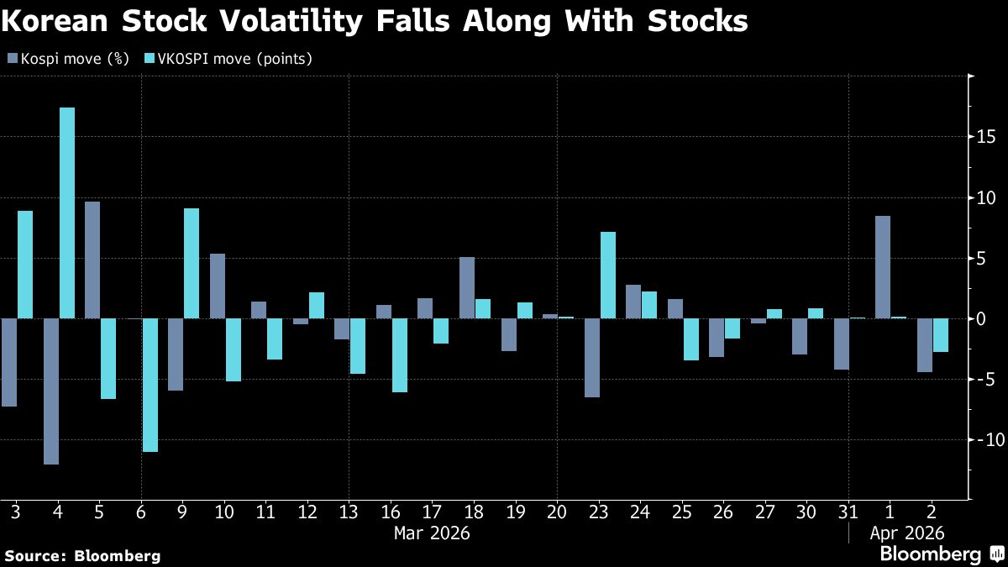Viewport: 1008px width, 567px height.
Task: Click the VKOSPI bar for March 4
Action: pyautogui.click(x=67, y=213)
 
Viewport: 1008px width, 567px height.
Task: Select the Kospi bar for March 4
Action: pyautogui.click(x=51, y=391)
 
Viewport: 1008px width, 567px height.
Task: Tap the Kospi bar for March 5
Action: pyautogui.click(x=92, y=260)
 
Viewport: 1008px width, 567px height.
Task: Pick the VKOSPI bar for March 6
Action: pyautogui.click(x=150, y=385)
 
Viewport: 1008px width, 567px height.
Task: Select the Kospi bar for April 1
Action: pyautogui.click(x=882, y=267)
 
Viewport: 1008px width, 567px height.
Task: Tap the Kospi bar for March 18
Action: pyautogui.click(x=467, y=287)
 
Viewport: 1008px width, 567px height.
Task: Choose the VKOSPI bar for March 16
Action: pyautogui.click(x=400, y=355)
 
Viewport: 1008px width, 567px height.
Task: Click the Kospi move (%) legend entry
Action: pyautogui.click(x=68, y=59)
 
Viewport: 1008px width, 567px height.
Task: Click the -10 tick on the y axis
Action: pyautogui.click(x=984, y=439)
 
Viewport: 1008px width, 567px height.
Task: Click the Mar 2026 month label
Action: pyautogui.click(x=432, y=533)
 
